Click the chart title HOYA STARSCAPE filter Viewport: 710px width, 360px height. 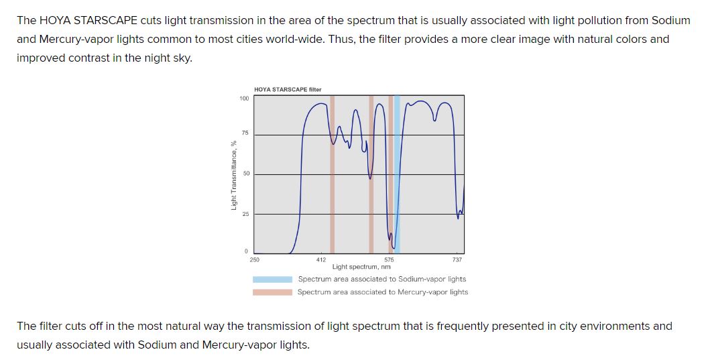click(288, 89)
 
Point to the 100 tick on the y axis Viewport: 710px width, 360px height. click(244, 99)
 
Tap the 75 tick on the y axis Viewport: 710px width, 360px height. click(245, 133)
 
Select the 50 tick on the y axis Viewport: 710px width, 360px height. click(246, 174)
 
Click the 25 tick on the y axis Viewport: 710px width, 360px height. click(246, 214)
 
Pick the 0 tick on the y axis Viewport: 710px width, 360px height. click(246, 251)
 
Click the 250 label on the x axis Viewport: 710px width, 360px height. click(255, 259)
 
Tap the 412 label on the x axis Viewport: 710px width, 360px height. click(320, 259)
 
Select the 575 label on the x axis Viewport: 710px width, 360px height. click(389, 259)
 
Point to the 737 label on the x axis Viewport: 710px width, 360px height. click(457, 259)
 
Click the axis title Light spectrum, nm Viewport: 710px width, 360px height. click(361, 267)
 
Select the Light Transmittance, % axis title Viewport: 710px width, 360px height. click(233, 174)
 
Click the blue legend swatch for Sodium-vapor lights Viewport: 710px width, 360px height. click(272, 280)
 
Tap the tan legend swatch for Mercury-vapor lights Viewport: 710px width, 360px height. click(272, 292)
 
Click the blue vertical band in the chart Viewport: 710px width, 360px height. click(397, 174)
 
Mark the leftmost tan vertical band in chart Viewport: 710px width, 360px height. click(332, 174)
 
